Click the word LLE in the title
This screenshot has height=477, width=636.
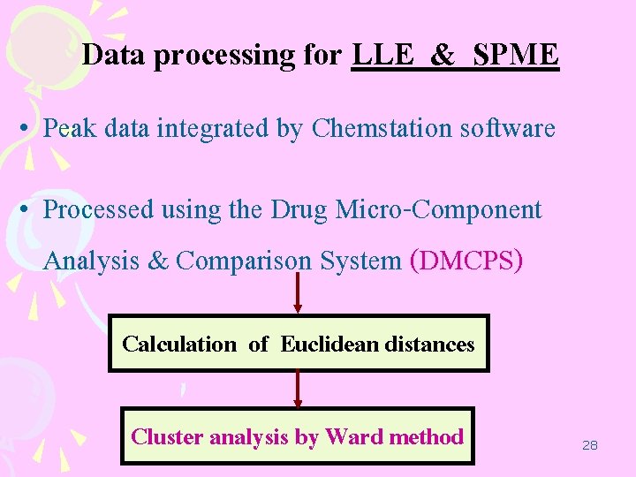[382, 56]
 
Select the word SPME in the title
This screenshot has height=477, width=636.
[516, 56]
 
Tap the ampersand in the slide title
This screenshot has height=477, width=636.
[443, 56]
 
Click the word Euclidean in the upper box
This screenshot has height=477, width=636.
[329, 344]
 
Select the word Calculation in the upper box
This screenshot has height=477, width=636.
[179, 344]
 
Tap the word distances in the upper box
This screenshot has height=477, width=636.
[430, 344]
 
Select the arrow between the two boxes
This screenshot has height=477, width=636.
[298, 390]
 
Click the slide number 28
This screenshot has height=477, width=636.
[590, 445]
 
